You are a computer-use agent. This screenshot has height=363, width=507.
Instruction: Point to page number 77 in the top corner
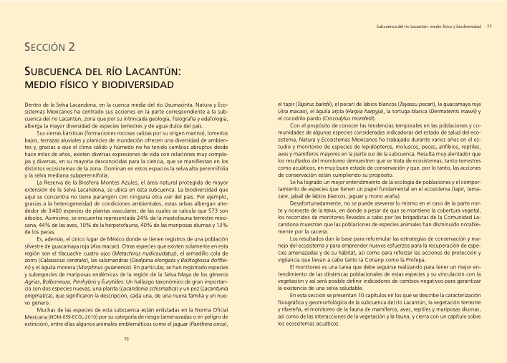(488, 26)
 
